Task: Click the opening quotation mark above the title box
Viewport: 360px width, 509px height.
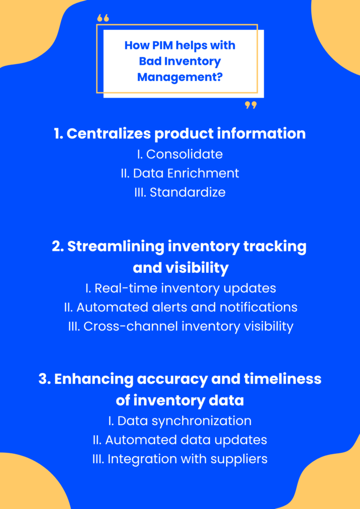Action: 103,18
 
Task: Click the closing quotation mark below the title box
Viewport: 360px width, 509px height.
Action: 251,105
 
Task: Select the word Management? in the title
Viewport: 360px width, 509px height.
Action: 180,78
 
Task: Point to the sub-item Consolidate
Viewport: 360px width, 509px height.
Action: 184,154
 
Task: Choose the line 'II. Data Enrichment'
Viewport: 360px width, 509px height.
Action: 180,173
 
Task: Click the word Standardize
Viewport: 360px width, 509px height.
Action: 187,192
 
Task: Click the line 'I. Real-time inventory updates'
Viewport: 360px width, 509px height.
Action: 180,288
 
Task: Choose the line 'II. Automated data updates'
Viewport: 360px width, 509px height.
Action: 180,440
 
